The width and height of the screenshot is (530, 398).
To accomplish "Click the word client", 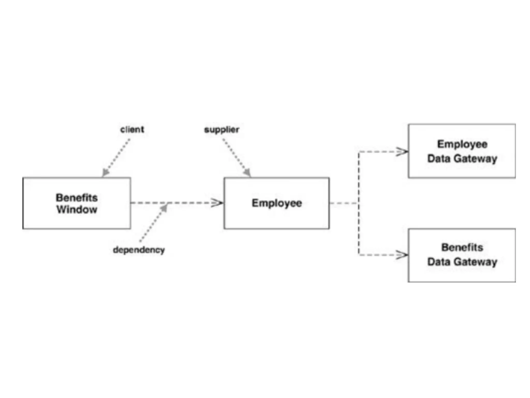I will pos(132,129).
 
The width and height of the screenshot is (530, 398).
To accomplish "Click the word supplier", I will pos(222,130).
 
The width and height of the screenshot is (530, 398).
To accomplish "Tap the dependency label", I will pos(139,250).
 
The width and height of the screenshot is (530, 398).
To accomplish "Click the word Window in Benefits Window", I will pos(77,209).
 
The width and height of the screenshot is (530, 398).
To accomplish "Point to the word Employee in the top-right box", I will pos(462,144).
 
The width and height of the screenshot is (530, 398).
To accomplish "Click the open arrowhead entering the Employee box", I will pos(217,203).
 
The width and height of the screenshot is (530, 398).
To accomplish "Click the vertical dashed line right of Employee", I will pos(359,203).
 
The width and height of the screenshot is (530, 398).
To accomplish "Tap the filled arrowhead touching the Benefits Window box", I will pos(105,172).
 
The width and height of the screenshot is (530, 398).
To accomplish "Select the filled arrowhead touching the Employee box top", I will pos(247,172).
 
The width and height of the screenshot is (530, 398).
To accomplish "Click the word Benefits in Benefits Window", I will pos(77,198).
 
